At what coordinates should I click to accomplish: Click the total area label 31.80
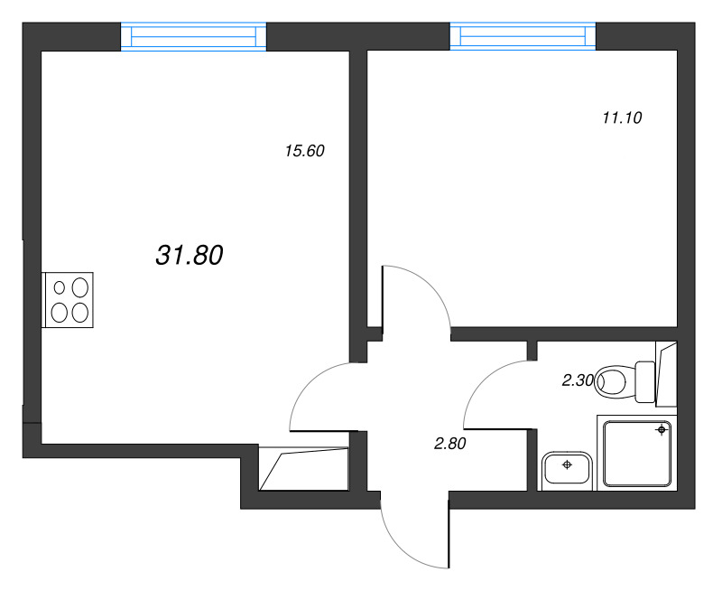click(190, 257)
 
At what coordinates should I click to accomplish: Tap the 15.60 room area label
click(304, 152)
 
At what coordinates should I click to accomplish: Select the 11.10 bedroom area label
click(621, 117)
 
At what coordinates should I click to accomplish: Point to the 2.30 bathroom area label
click(577, 380)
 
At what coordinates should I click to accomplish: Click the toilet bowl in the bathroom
click(614, 381)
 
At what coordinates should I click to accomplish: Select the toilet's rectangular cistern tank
click(645, 381)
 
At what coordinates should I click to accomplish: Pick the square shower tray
click(636, 454)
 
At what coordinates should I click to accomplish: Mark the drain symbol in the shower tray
click(662, 430)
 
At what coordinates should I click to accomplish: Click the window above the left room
click(194, 37)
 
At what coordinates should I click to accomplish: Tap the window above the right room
click(523, 37)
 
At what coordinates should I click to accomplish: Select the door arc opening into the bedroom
click(424, 289)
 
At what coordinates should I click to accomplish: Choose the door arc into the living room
click(311, 384)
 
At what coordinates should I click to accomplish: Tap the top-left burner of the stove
click(60, 288)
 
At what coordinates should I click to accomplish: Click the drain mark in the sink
click(567, 465)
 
